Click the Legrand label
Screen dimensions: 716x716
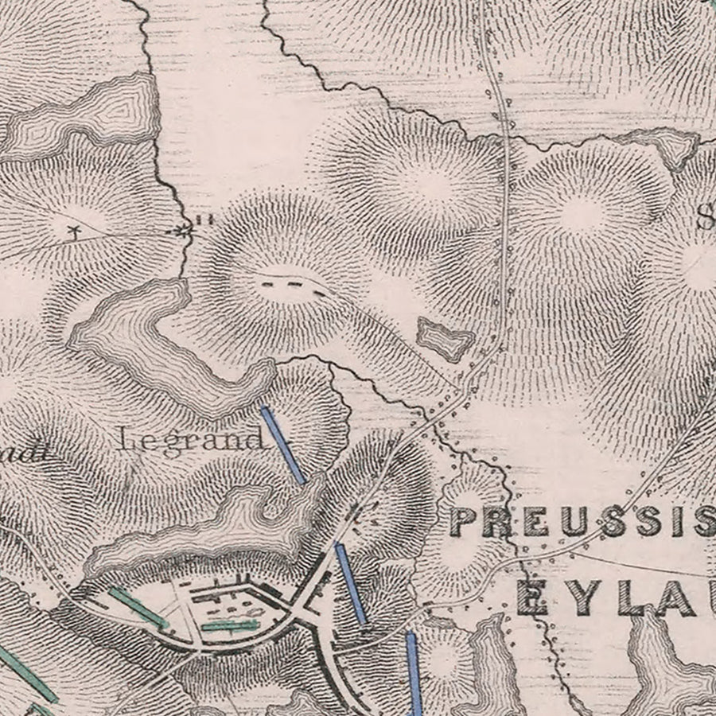point(191,439)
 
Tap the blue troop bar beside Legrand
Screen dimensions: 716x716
point(282,445)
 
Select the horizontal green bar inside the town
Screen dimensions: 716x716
point(230,625)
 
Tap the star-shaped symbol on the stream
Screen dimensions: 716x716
point(185,232)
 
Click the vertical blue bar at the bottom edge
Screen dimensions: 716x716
point(413,672)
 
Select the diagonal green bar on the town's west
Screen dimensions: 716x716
point(138,607)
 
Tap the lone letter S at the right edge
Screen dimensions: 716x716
point(706,217)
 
